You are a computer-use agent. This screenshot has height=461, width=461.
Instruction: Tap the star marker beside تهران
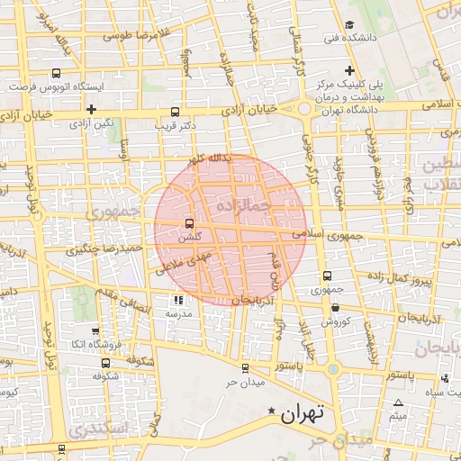coord(272,411)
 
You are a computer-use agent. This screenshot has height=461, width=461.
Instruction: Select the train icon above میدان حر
coord(245,367)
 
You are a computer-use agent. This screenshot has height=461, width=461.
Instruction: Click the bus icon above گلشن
coord(189,223)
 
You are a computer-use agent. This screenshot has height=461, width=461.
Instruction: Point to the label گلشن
coord(187,237)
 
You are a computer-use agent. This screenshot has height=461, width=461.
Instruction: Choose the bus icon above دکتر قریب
coord(175,113)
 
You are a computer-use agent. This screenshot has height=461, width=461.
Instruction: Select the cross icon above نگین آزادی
coord(92,109)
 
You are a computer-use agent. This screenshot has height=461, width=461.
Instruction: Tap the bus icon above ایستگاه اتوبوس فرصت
coord(57,74)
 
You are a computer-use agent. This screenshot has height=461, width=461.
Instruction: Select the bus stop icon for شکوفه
coord(106,364)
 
